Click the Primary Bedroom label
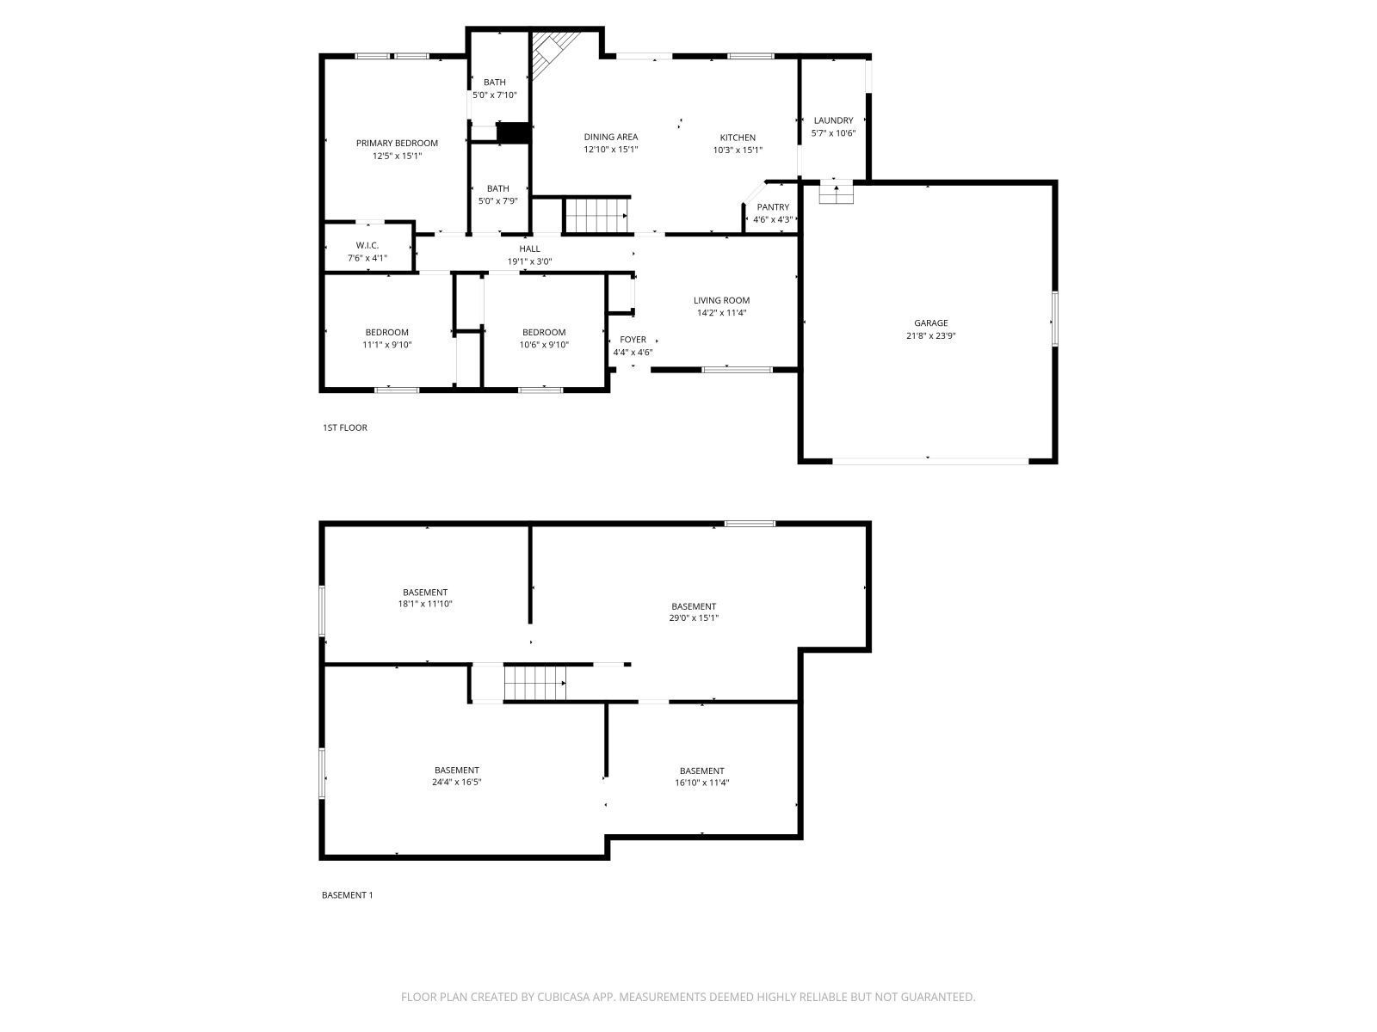coord(397,144)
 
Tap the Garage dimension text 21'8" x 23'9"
coord(931,336)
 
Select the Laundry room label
coord(833,120)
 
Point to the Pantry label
coord(773,207)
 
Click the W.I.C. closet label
coord(367,246)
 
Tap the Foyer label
coord(633,340)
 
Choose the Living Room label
coord(721,301)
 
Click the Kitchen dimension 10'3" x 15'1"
coord(738,150)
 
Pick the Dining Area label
coord(611,137)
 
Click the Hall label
coord(529,249)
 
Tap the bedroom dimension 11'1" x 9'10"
coord(387,345)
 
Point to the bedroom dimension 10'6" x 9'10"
coord(544,345)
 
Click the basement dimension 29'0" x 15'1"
coord(694,617)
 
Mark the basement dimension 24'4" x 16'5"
coord(456,783)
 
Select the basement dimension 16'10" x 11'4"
coord(701,783)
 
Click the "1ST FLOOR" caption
coord(345,427)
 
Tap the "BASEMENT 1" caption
coord(347,895)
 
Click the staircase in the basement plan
coord(534,684)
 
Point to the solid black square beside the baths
coord(513,133)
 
